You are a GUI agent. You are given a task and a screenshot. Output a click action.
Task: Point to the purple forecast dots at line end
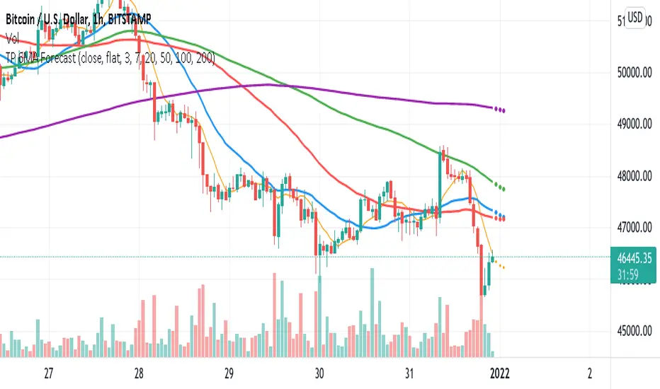tap(498, 110)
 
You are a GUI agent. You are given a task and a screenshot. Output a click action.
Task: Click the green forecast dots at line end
tap(499, 188)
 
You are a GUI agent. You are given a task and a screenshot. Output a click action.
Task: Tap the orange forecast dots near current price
tap(499, 267)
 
